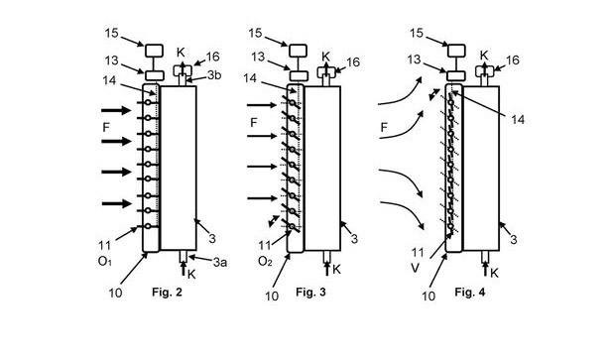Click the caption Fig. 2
point(167,292)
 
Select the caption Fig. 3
point(310,292)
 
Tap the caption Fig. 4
point(470,292)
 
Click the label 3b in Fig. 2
point(214,74)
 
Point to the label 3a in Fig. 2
point(220,262)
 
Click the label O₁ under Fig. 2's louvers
point(104,262)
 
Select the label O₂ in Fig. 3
point(265,262)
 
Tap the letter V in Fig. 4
point(415,268)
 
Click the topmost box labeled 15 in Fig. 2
point(155,51)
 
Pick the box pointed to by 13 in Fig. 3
point(299,75)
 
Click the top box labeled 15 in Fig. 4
point(456,51)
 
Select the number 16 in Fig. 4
point(513,60)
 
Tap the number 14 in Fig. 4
point(518,120)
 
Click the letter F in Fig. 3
point(254,123)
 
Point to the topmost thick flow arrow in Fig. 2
point(116,110)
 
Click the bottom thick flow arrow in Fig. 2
point(116,203)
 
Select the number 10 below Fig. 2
point(115,293)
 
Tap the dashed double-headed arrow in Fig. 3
point(274,221)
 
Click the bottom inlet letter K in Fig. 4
point(494,273)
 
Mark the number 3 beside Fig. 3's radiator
point(354,239)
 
